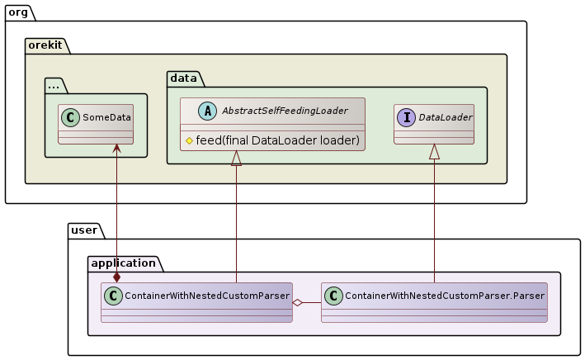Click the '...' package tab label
54,84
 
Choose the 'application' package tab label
124,263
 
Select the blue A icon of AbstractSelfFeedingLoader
195,111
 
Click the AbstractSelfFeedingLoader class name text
285,111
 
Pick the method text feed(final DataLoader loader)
278,140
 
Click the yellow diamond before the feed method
189,140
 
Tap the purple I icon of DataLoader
407,117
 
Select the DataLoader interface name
445,117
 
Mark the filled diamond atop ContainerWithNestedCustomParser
116,277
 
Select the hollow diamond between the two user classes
299,303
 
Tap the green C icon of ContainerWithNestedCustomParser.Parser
333,296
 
